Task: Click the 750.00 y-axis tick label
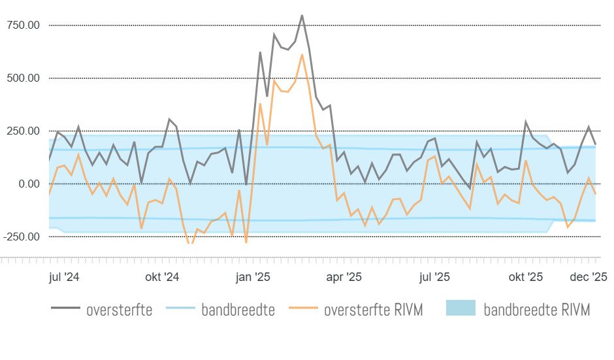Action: [23, 25]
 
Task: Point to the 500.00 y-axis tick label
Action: [23, 78]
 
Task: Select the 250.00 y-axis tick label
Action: [23, 131]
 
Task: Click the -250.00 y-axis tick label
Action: [21, 237]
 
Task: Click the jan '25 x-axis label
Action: [253, 277]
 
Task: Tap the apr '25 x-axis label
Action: [344, 277]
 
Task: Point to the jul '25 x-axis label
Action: [434, 277]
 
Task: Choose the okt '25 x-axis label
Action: [526, 277]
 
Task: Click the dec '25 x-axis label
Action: [591, 277]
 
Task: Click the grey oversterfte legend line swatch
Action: [65, 309]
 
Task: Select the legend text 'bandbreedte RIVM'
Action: [537, 310]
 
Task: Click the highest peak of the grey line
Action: [302, 15]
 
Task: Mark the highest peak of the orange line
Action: [302, 54]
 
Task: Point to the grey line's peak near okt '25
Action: [526, 122]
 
